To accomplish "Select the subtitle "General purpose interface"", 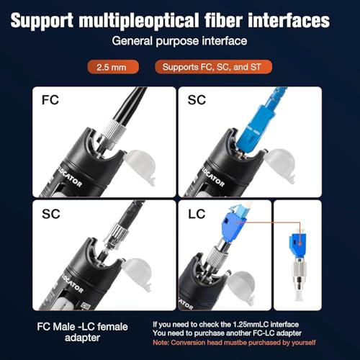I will click(179, 41).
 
